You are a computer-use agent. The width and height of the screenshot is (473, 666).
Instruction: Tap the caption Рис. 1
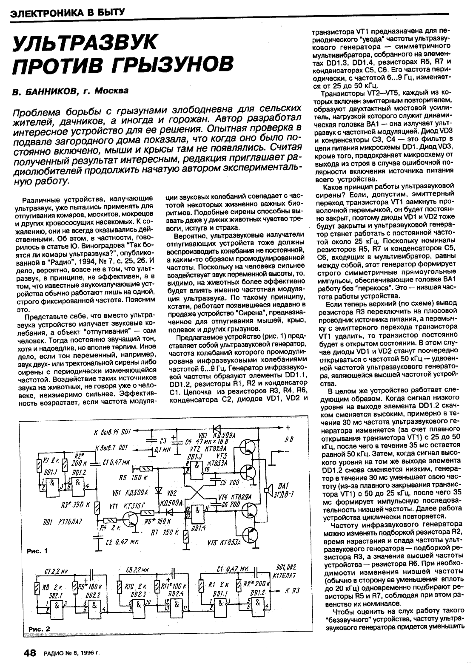pyautogui.click(x=37, y=550)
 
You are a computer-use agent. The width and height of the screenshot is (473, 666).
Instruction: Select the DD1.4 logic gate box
pyautogui.click(x=196, y=510)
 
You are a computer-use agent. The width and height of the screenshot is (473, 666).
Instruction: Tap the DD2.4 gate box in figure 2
pyautogui.click(x=174, y=605)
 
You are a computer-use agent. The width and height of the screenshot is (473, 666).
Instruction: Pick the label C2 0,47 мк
pyautogui.click(x=121, y=542)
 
